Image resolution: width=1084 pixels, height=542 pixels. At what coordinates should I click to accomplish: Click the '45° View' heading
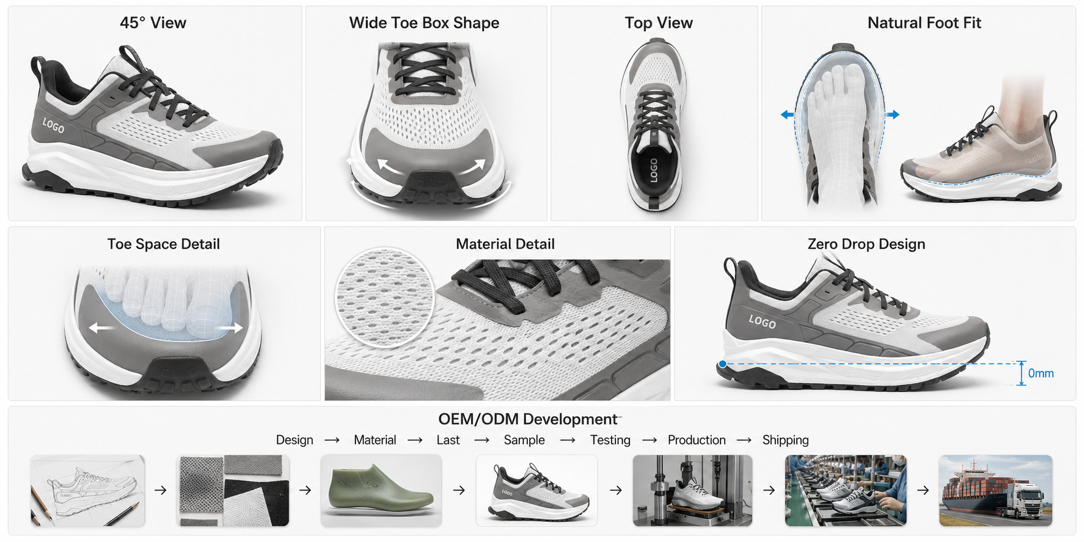coord(153,23)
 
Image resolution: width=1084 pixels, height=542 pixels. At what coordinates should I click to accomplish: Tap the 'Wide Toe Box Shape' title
coord(424,23)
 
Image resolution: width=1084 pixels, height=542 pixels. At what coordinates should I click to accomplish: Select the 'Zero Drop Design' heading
coord(866,244)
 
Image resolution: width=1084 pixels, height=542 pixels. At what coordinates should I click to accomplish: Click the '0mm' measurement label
coord(1041,373)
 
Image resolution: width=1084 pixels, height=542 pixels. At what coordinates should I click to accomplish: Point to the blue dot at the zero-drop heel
coord(723,364)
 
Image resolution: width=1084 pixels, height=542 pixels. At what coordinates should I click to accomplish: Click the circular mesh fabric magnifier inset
coord(384,298)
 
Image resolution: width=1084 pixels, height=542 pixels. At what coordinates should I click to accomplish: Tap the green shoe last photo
coord(381,491)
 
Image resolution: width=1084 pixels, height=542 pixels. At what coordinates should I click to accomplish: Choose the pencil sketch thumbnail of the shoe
coord(88,491)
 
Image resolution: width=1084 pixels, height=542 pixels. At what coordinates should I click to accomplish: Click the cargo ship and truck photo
coord(995,491)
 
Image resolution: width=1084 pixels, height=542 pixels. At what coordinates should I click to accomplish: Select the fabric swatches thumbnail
coord(233,491)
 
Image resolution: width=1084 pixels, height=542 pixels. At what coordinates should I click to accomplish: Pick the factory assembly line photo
coord(846,491)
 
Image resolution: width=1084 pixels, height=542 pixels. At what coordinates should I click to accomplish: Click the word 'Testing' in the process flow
coord(610,440)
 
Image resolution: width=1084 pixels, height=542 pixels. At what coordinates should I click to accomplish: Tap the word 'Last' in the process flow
coord(448,440)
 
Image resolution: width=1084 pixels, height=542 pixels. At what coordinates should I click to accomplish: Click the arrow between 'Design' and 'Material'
coord(332,440)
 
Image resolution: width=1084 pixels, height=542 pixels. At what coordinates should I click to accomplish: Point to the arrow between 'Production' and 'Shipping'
coord(744,440)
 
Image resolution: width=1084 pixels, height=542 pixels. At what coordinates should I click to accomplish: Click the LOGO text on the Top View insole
coord(653,170)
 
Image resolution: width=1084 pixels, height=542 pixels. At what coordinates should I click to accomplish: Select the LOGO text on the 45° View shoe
coord(53,125)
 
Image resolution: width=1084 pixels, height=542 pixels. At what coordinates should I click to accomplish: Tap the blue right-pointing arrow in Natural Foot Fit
coord(893,114)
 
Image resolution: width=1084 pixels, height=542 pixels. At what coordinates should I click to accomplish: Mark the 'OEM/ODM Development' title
coord(528,419)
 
